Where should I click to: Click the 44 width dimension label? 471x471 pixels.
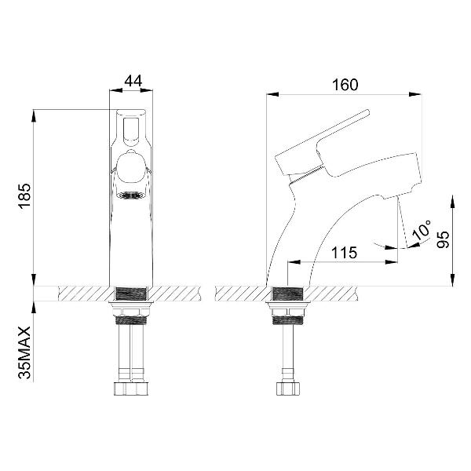click(131, 82)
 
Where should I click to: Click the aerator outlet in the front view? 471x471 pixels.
click(131, 196)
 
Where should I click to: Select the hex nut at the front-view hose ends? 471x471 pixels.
click(131, 387)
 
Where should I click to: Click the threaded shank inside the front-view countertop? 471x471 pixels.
click(131, 294)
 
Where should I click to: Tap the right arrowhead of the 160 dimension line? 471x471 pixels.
click(417, 96)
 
